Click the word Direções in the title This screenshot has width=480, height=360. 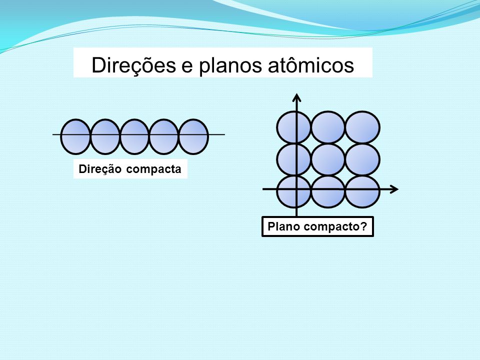click(x=134, y=65)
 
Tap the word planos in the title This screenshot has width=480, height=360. click(x=230, y=65)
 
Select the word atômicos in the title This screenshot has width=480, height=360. click(x=310, y=64)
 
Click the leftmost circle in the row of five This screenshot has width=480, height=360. click(x=75, y=136)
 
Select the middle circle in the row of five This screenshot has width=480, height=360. click(x=134, y=136)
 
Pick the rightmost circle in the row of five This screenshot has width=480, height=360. click(x=193, y=136)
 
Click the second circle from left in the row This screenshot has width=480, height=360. click(x=105, y=136)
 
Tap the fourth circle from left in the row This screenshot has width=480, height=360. click(x=164, y=136)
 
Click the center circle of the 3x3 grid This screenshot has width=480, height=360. click(x=328, y=159)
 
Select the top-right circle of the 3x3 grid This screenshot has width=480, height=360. click(x=363, y=127)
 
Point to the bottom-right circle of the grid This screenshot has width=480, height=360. click(x=363, y=191)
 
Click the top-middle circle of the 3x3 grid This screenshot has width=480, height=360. click(x=328, y=127)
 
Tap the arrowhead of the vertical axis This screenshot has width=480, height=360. click(x=296, y=97)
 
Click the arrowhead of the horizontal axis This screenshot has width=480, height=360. click(x=394, y=189)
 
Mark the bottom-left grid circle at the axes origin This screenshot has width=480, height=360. click(x=294, y=191)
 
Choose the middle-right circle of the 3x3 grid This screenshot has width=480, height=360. click(x=363, y=159)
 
